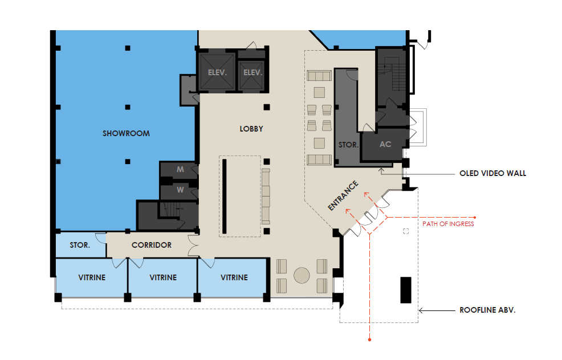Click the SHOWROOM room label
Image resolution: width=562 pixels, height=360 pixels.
point(126,134)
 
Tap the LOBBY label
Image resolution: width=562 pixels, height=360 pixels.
point(251,129)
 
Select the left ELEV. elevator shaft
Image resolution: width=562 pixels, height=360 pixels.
point(217,72)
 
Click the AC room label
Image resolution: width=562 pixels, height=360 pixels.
point(385,144)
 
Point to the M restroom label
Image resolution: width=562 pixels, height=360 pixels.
point(180,169)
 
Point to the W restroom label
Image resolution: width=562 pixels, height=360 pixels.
point(180,190)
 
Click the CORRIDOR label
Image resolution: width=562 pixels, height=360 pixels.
point(152,245)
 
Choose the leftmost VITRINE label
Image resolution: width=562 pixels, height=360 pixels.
point(92,277)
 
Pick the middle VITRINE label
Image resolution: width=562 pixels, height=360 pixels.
point(163,277)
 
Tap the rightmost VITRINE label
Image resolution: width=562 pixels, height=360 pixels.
point(234,277)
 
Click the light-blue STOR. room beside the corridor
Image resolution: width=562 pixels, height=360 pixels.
point(80,246)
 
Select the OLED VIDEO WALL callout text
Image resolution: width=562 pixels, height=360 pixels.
point(493,173)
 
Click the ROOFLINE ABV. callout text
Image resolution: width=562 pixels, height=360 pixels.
point(487,310)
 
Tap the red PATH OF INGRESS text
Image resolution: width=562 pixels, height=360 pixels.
point(448,224)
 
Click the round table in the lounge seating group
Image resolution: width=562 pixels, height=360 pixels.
point(302,275)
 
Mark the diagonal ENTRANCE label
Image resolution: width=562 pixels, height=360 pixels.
point(343,195)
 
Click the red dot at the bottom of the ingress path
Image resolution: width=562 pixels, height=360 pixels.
point(369,339)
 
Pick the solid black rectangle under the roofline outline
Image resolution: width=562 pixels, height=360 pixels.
point(406,290)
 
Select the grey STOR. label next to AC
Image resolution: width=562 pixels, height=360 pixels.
point(348,145)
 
